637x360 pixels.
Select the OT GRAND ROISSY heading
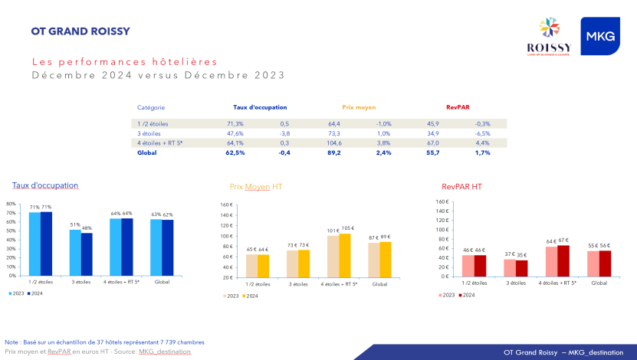pos(80,31)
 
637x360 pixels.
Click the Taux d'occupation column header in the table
pos(260,107)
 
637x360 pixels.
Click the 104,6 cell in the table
pos(334,142)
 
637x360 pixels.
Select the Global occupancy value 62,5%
pos(235,152)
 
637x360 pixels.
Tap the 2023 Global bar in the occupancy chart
pos(156,247)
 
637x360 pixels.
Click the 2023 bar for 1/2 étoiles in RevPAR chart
pos(468,265)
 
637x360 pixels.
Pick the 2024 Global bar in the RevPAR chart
pos(605,263)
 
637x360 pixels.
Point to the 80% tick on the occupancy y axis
pos(11,204)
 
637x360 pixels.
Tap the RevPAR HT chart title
pos(461,186)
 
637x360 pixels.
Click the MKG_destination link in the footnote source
pos(165,351)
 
